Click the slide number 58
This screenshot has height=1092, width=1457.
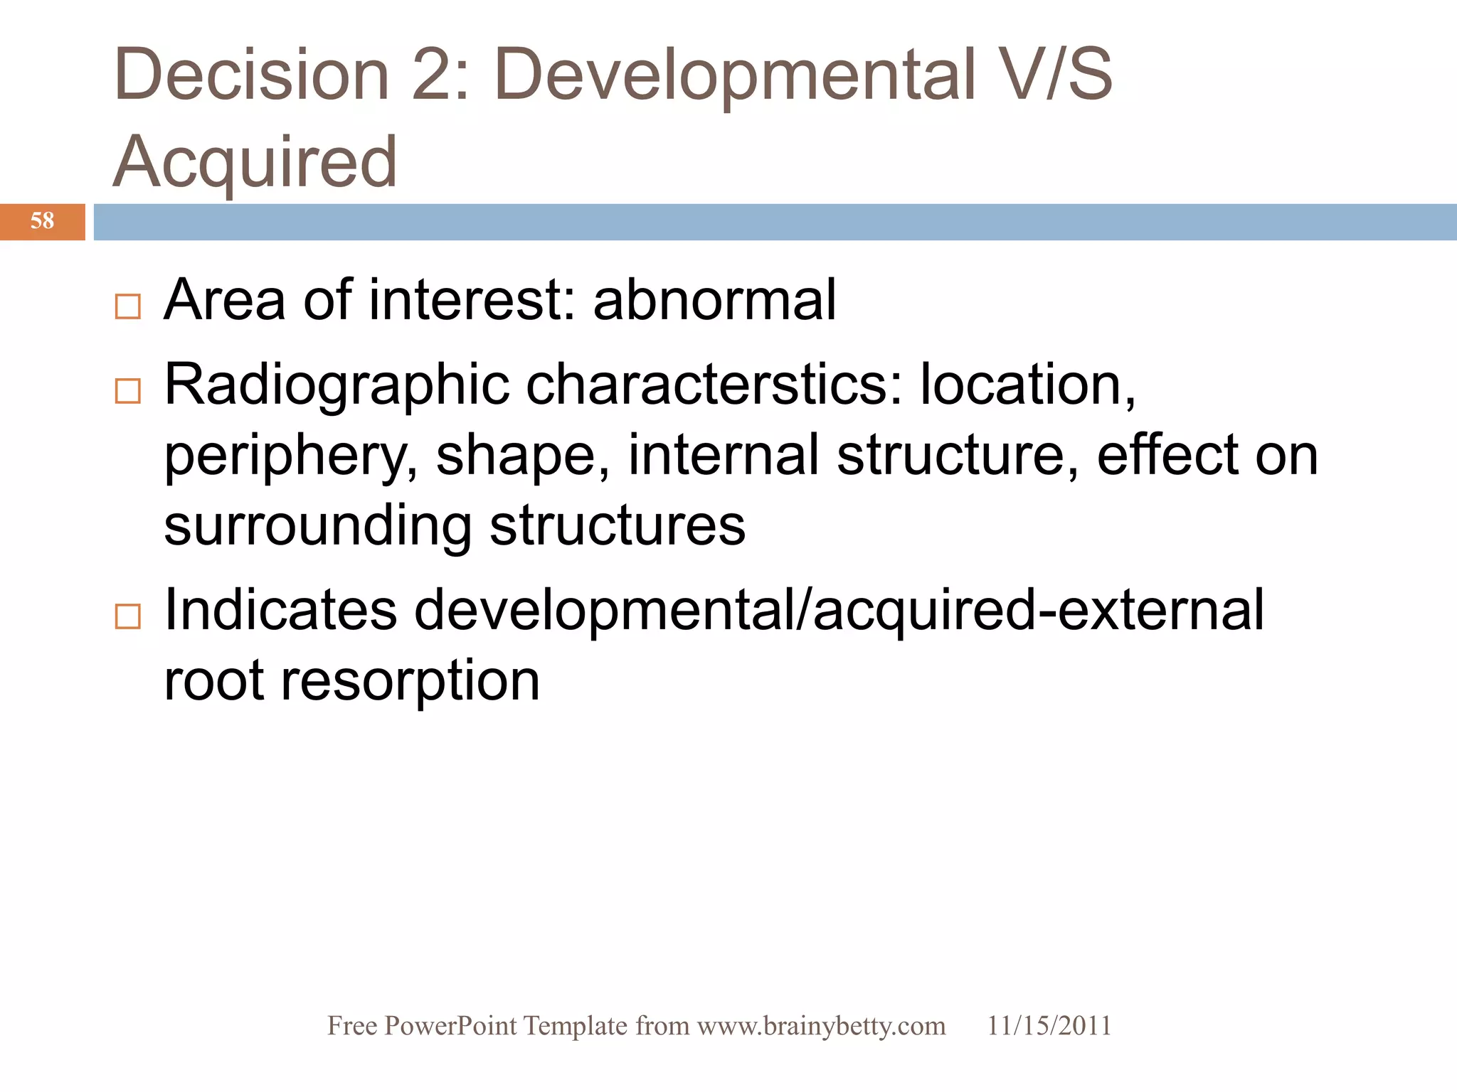click(x=42, y=221)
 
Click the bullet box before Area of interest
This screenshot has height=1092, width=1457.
click(x=128, y=306)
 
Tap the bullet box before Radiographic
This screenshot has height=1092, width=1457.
click(x=128, y=391)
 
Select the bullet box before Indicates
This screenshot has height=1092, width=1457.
click(x=128, y=616)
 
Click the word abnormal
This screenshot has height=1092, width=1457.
click(x=714, y=300)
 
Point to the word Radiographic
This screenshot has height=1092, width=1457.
click(x=337, y=385)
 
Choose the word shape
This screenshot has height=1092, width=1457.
click(x=522, y=456)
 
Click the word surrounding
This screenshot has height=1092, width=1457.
click(x=317, y=527)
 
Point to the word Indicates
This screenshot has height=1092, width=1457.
click(x=280, y=611)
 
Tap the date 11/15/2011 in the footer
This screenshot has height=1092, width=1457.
click(x=1049, y=1026)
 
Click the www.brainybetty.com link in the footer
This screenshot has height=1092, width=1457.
click(x=821, y=1026)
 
